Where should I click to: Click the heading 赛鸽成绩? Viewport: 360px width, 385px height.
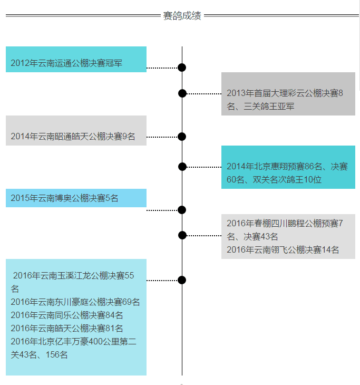click(x=182, y=16)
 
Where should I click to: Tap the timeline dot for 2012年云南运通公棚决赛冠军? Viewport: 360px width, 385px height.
click(x=182, y=68)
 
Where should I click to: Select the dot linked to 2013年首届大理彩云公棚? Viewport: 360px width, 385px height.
click(x=182, y=93)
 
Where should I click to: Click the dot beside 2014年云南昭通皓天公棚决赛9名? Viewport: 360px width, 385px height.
click(x=182, y=137)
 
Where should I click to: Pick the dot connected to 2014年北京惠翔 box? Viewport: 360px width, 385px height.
click(x=182, y=167)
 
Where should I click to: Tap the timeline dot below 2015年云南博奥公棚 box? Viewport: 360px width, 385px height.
click(x=182, y=210)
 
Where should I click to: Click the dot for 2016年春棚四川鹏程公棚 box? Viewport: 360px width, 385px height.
click(x=182, y=235)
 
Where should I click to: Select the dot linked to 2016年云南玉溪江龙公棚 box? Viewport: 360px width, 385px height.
click(x=182, y=280)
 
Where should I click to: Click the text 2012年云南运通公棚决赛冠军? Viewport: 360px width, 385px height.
click(x=66, y=63)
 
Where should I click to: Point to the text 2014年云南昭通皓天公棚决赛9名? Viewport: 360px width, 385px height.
click(x=73, y=137)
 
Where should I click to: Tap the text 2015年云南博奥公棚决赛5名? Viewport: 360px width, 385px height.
click(x=64, y=198)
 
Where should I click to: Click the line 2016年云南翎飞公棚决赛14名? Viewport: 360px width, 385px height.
click(x=283, y=249)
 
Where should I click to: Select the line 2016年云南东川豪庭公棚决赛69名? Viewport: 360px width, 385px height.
click(x=75, y=302)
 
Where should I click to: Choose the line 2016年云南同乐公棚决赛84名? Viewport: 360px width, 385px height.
click(x=67, y=315)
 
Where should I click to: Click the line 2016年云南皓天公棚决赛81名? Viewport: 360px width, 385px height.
click(x=67, y=328)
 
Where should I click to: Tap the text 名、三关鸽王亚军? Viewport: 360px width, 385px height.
click(x=261, y=106)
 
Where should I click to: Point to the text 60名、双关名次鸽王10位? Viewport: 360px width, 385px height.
click(x=274, y=179)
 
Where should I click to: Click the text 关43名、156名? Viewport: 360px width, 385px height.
click(x=40, y=354)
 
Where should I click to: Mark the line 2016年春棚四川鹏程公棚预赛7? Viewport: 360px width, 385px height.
click(x=285, y=223)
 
